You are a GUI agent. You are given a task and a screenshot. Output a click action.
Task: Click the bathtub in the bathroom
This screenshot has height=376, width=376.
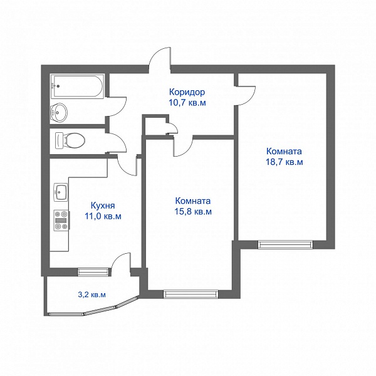pyautogui.click(x=77, y=86)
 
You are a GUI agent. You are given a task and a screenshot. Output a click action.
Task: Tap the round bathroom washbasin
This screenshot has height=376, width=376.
pyautogui.click(x=58, y=112)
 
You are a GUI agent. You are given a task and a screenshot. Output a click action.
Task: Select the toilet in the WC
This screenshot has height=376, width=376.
pyautogui.click(x=70, y=140)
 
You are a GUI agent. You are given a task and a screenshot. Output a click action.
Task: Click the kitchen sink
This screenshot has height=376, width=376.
pyautogui.click(x=60, y=192)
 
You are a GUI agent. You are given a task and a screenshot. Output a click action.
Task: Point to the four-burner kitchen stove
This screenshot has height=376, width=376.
pyautogui.click(x=61, y=221)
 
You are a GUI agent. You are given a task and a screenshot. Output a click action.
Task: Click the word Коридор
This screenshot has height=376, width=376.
pyautogui.click(x=187, y=92)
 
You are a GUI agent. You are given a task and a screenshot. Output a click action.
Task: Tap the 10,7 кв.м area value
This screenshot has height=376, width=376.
pyautogui.click(x=187, y=103)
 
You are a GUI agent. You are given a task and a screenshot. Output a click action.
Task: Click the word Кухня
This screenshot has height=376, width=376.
pyautogui.click(x=103, y=206)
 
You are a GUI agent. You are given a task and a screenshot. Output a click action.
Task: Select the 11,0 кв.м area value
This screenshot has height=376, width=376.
pyautogui.click(x=103, y=216)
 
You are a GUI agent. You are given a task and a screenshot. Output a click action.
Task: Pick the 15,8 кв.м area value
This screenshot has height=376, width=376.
pyautogui.click(x=193, y=212)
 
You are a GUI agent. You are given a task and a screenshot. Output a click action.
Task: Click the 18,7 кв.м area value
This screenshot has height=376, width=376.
pyautogui.click(x=285, y=162)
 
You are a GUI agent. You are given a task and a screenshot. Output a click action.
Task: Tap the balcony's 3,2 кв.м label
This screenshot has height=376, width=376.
pyautogui.click(x=92, y=295)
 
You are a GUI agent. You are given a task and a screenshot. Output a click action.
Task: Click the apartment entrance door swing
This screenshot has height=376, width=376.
pyautogui.click(x=160, y=58)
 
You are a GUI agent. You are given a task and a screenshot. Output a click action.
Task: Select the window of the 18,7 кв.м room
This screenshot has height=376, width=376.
pyautogui.click(x=285, y=244)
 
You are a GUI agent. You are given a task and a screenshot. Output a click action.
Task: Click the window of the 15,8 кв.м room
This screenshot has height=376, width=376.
pyautogui.click(x=191, y=294)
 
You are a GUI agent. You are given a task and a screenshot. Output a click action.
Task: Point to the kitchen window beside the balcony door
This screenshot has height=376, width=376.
pyautogui.click(x=93, y=272)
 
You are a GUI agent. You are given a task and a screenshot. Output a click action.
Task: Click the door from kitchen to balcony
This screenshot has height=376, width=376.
pyautogui.click(x=122, y=261)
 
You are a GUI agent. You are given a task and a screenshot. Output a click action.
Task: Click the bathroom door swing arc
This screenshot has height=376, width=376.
pyautogui.click(x=117, y=107)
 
